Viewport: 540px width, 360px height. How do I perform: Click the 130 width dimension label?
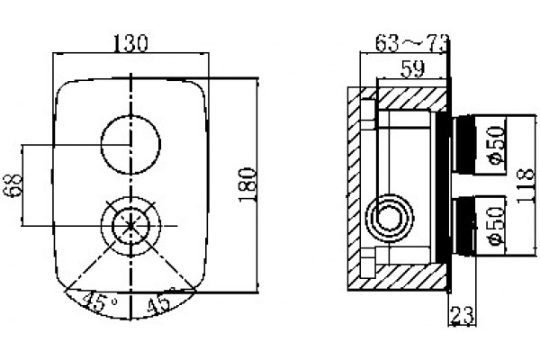click(130, 44)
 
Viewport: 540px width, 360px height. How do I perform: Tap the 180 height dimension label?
click(248, 184)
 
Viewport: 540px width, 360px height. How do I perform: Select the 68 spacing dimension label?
click(13, 185)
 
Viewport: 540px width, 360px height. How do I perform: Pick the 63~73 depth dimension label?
click(412, 43)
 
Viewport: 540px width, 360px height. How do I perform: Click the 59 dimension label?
click(412, 70)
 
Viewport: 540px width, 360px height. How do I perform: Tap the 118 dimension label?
click(526, 185)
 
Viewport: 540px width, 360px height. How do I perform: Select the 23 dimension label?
click(463, 315)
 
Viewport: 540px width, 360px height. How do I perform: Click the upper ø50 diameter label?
click(496, 145)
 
